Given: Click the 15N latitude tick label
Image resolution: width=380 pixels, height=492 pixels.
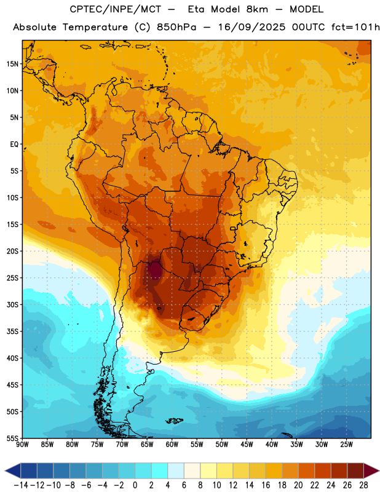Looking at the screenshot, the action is [x=12, y=64].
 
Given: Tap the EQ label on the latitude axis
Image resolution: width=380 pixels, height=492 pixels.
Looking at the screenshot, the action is [x=14, y=145].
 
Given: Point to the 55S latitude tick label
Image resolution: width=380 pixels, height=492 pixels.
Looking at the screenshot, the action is [x=12, y=438].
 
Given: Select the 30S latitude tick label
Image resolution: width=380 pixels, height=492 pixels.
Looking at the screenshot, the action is [x=12, y=304].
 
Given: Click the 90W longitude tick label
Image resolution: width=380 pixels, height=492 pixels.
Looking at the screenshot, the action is [x=22, y=444].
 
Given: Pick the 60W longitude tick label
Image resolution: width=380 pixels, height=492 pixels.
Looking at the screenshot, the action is [x=172, y=444].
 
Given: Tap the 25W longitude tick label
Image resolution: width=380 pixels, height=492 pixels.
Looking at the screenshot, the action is [x=346, y=444].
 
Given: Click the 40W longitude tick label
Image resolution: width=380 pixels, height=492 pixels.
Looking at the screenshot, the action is [x=272, y=444].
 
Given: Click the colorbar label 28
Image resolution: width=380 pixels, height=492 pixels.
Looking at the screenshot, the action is [x=363, y=485].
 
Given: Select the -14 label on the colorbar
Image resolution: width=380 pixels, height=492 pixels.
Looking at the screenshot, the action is [x=21, y=485].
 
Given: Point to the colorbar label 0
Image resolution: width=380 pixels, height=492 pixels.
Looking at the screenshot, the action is [x=135, y=485].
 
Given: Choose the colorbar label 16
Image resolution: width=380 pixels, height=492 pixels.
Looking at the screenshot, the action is [x=266, y=485].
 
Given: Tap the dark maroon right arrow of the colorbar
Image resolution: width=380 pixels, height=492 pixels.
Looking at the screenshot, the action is [x=371, y=470].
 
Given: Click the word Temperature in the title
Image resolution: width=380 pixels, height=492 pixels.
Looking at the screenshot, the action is [x=95, y=27].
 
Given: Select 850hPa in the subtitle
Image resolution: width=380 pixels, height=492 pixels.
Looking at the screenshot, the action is [x=176, y=27].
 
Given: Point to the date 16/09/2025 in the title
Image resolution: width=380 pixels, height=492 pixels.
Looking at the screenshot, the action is [x=251, y=27].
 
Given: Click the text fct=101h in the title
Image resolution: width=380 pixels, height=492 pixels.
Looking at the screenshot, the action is [x=355, y=27].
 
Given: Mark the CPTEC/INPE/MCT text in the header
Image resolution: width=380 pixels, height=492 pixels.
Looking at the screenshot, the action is [x=116, y=9].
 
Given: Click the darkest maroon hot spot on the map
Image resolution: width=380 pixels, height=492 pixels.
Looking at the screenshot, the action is [x=154, y=270].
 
